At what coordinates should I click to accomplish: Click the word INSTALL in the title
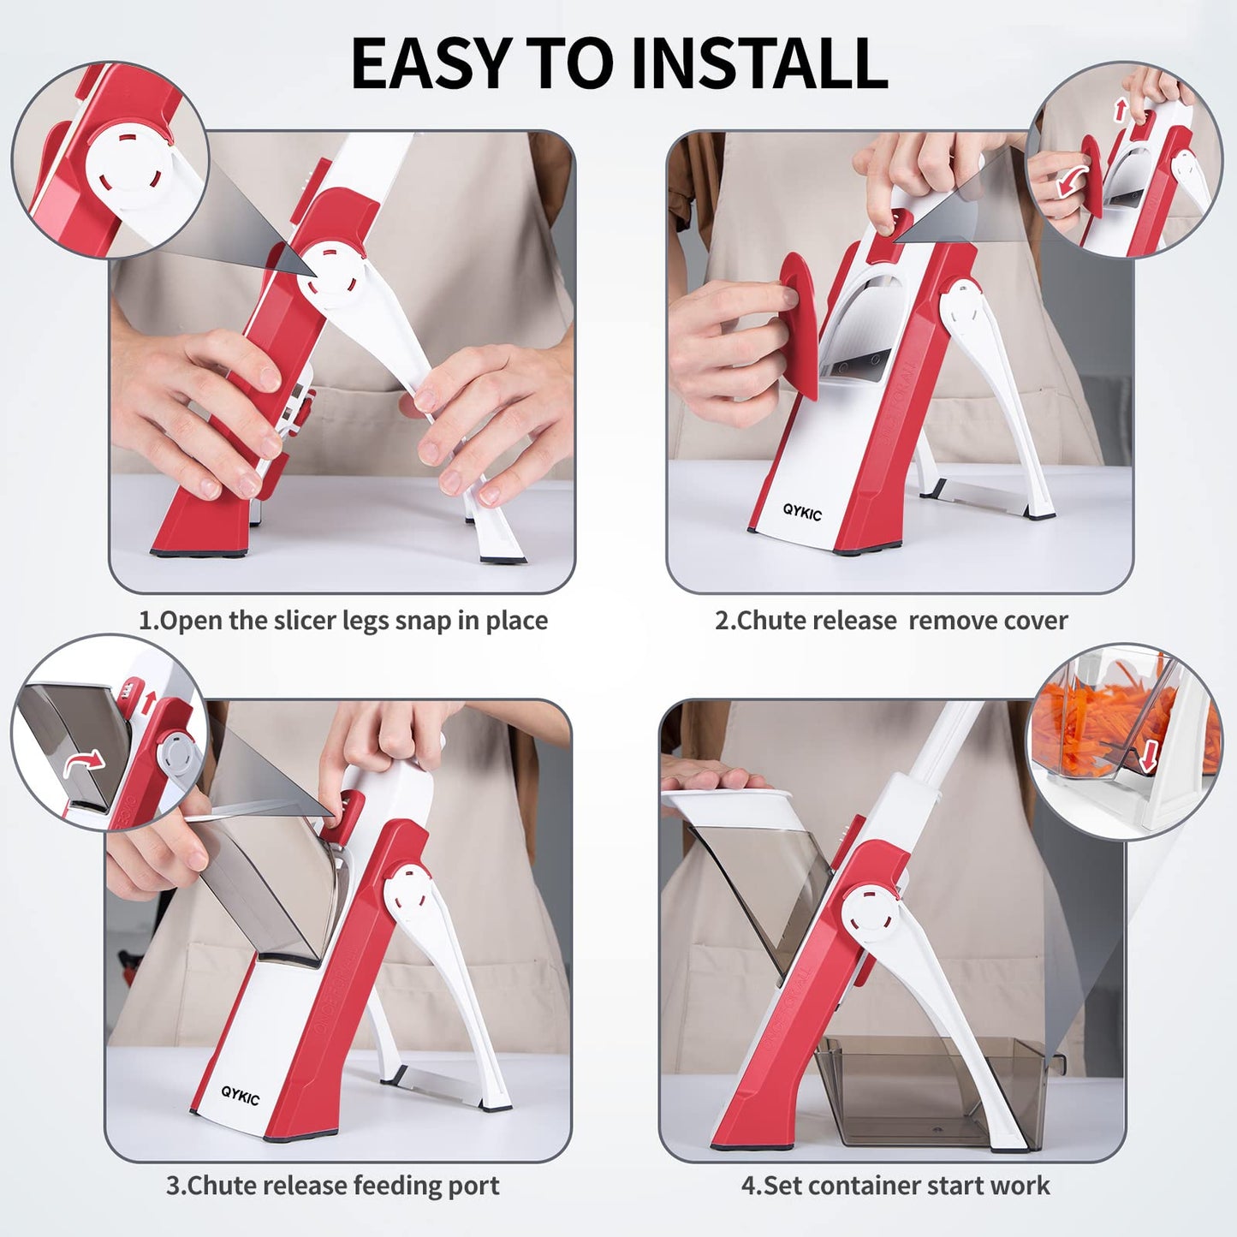click(759, 62)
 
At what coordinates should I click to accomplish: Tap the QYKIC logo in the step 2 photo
click(802, 513)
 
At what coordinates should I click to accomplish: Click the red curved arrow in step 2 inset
click(1072, 183)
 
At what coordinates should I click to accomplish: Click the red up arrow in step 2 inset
click(1121, 109)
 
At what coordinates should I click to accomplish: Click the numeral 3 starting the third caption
click(173, 1186)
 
